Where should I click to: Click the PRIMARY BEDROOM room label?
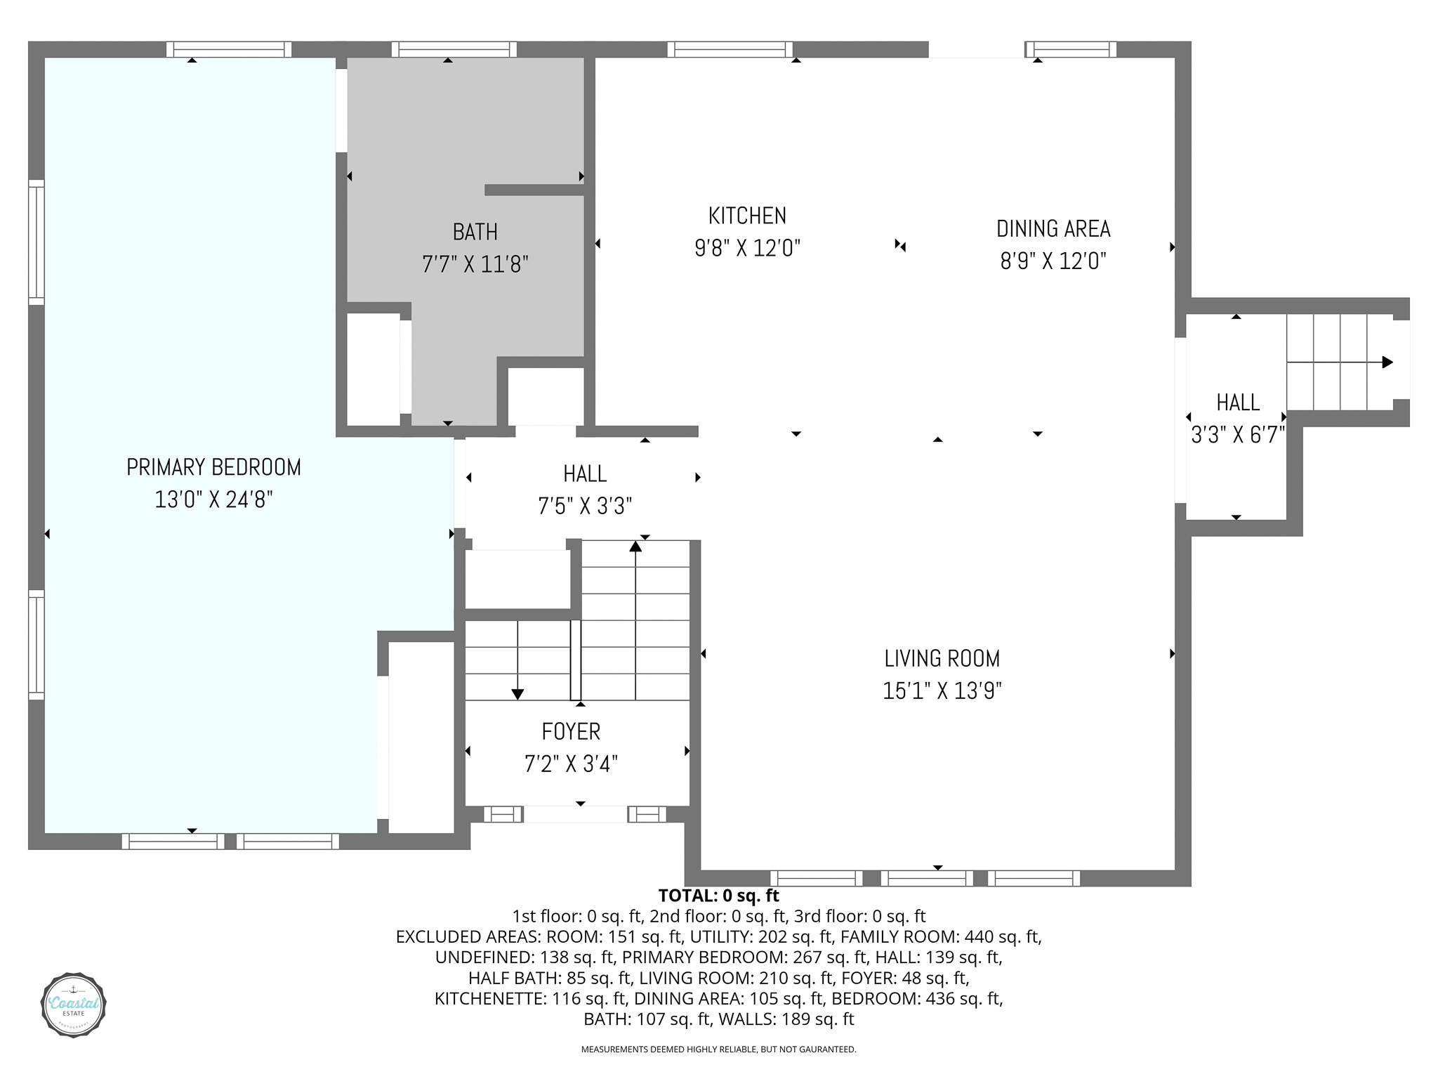click(x=213, y=467)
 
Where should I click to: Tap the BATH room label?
click(x=475, y=232)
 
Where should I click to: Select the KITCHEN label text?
click(x=747, y=216)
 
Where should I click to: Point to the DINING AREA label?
click(x=1053, y=229)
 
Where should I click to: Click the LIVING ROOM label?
click(x=942, y=659)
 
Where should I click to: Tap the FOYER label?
click(x=571, y=732)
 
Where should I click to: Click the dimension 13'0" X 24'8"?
click(x=213, y=500)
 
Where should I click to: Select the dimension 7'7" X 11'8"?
click(x=475, y=265)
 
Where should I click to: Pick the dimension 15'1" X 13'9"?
click(x=942, y=691)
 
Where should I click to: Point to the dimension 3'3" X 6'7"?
click(x=1238, y=436)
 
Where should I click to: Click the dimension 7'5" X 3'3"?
click(x=585, y=506)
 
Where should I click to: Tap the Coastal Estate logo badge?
click(x=74, y=1005)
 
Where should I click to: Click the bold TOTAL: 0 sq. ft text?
click(x=719, y=896)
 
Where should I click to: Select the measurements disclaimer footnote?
click(x=719, y=1049)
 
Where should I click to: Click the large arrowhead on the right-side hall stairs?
click(x=1387, y=362)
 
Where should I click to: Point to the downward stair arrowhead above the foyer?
click(x=517, y=694)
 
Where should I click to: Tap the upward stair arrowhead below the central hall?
click(x=635, y=546)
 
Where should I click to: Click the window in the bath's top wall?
click(x=454, y=49)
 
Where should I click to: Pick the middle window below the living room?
click(x=927, y=878)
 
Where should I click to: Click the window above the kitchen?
click(x=730, y=49)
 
